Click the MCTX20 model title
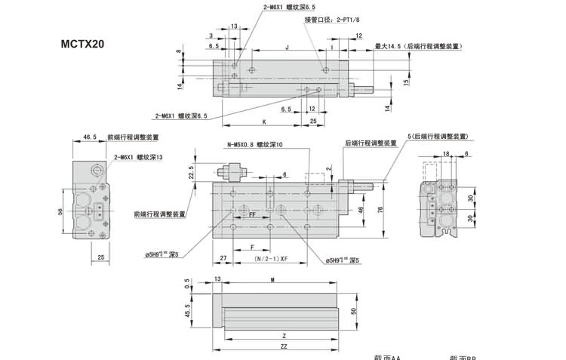[x=83, y=43]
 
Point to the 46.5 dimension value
[x=90, y=137]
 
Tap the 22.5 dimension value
[x=191, y=173]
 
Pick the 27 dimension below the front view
[x=223, y=259]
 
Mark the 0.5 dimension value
[x=187, y=285]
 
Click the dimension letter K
[x=264, y=122]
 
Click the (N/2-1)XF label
[x=273, y=259]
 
